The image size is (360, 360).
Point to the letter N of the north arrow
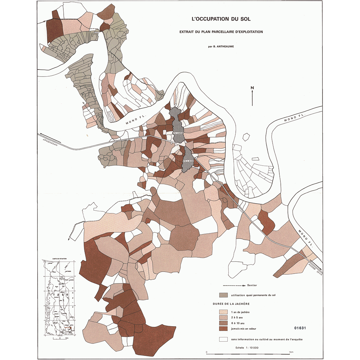[x=252, y=88]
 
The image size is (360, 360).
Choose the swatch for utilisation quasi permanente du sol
[x=224, y=295]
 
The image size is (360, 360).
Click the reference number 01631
[x=300, y=328]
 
